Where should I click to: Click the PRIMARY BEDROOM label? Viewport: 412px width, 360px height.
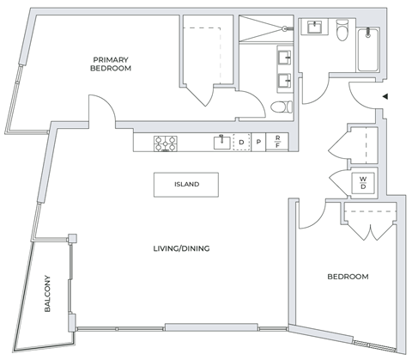point(112,64)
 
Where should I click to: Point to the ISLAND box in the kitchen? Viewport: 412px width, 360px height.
point(186,184)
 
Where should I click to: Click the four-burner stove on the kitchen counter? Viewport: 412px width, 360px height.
point(165,143)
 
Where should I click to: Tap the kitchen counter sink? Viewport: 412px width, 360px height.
point(222,143)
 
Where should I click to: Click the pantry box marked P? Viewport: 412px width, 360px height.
point(259,143)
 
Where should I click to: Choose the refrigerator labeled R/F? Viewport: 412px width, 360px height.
point(278,143)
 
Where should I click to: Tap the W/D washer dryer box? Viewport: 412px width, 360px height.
point(364,182)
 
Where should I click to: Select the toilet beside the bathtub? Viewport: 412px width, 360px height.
point(341,33)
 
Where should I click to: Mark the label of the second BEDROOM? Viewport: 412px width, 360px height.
point(348,277)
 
